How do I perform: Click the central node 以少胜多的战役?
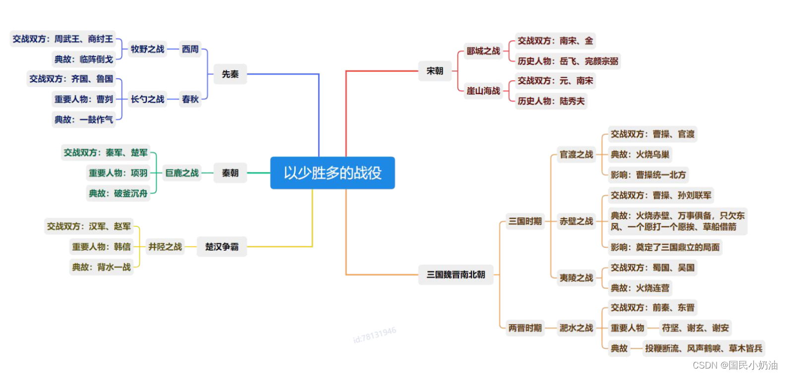tap(332, 173)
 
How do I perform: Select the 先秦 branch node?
tap(230, 74)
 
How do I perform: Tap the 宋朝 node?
tap(435, 71)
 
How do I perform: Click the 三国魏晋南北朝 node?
tap(456, 274)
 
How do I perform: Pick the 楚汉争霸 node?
tap(222, 247)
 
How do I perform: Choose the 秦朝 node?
tap(230, 173)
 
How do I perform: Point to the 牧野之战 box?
tap(147, 49)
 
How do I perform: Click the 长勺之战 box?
tap(147, 99)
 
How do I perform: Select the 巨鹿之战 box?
tap(182, 173)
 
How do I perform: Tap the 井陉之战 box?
tap(165, 247)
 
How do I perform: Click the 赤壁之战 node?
tap(576, 221)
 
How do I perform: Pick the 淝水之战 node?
tap(576, 328)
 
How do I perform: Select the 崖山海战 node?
tap(483, 91)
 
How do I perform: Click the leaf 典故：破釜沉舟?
tap(118, 193)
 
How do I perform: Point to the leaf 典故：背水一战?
tap(101, 267)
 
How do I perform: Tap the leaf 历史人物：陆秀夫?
tap(551, 101)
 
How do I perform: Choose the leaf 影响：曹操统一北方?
tap(648, 175)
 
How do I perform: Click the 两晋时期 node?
tap(525, 328)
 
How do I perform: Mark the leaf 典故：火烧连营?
tap(640, 288)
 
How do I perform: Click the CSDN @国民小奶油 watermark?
tap(735, 365)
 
